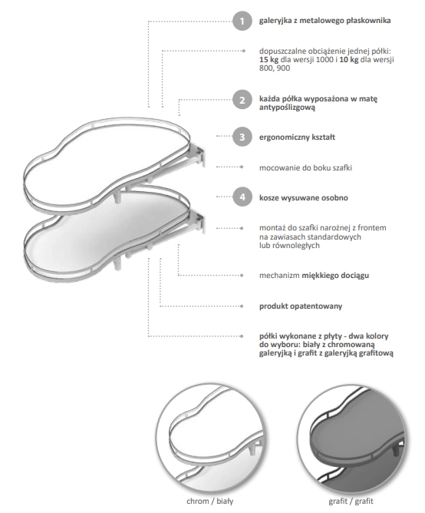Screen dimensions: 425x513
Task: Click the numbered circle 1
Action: point(242,21)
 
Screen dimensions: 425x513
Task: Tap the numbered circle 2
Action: point(242,100)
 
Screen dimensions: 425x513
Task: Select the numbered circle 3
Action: point(242,137)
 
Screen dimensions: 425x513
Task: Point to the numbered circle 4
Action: point(242,197)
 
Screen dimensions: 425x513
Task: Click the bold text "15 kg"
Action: point(269,60)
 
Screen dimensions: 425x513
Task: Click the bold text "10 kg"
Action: point(349,60)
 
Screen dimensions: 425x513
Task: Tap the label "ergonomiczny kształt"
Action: point(297,137)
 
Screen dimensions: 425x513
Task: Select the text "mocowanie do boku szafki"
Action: point(305,168)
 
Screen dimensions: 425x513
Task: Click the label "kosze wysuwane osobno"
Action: point(303,197)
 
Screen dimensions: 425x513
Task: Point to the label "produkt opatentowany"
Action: point(301,306)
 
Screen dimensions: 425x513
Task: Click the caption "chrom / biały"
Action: point(210,501)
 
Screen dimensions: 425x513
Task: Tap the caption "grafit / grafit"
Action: point(351,501)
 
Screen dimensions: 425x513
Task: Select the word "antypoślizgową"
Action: point(287,108)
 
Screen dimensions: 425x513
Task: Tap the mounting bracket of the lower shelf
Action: point(198,221)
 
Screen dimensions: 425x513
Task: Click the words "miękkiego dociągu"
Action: point(335,276)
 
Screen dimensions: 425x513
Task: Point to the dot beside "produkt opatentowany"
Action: point(242,306)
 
